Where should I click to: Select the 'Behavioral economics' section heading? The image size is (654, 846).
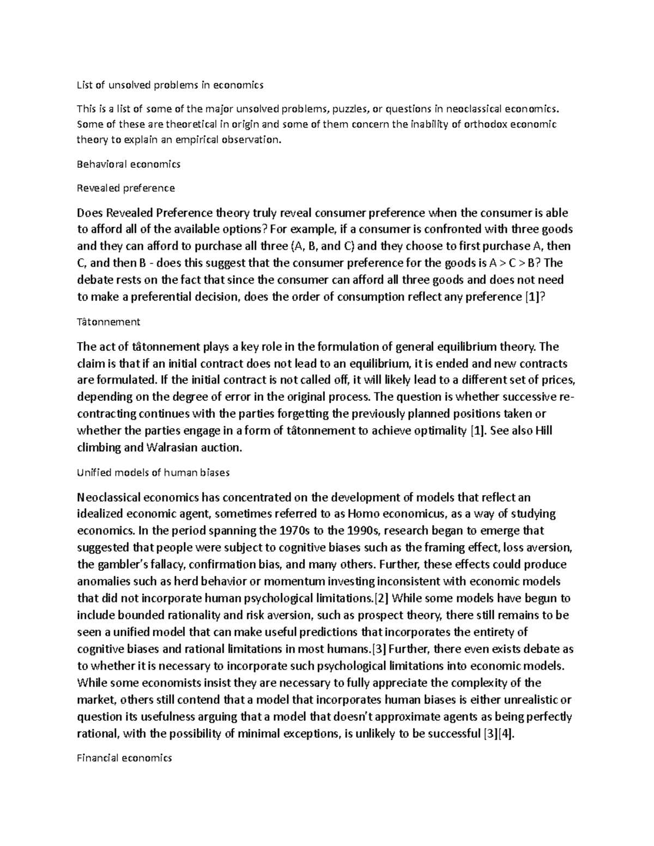(x=129, y=163)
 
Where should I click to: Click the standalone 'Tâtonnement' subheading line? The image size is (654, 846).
(x=109, y=322)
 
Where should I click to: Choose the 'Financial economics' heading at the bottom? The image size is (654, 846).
(x=125, y=757)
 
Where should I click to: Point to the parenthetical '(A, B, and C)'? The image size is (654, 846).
(x=323, y=246)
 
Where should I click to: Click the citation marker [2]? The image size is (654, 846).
(x=379, y=598)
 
